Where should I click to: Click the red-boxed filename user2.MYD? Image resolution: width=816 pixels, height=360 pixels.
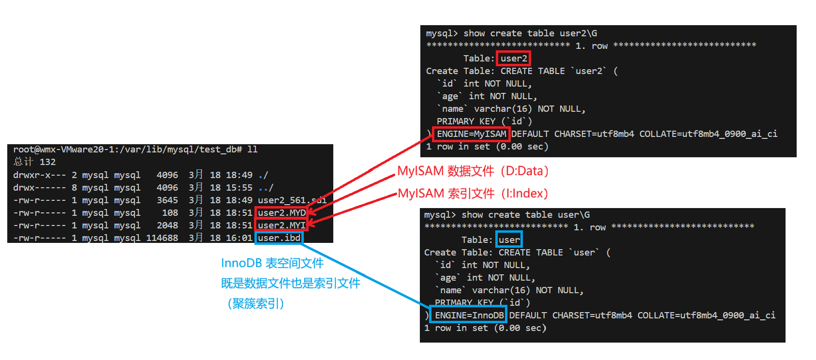click(x=282, y=213)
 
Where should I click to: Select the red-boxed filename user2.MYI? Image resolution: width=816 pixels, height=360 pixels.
click(x=282, y=225)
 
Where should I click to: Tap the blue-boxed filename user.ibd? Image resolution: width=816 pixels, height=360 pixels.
click(x=279, y=238)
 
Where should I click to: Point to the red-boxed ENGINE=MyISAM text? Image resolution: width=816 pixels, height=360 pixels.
click(x=471, y=134)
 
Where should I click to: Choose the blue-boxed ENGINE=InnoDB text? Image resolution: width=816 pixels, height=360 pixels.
click(x=469, y=315)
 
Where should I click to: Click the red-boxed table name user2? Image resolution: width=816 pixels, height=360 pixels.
click(x=514, y=59)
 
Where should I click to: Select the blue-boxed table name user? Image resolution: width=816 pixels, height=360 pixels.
click(x=509, y=240)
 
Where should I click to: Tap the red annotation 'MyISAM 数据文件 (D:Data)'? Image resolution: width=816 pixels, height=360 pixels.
click(x=473, y=171)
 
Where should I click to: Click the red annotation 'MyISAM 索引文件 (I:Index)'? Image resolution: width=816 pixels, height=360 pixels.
click(x=473, y=194)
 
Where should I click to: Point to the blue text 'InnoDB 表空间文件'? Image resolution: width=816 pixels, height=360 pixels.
click(x=272, y=263)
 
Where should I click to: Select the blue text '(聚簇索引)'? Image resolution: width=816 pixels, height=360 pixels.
click(x=256, y=304)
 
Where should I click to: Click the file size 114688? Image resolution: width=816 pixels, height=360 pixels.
click(x=162, y=238)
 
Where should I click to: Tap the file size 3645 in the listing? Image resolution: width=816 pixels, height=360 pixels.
click(x=167, y=200)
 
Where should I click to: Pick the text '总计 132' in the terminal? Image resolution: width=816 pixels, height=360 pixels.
click(x=34, y=162)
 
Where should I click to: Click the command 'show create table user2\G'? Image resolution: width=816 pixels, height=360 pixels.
click(x=530, y=33)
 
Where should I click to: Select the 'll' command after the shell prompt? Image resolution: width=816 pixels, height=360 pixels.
click(x=252, y=150)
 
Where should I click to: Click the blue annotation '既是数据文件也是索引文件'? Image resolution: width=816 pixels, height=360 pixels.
click(x=290, y=284)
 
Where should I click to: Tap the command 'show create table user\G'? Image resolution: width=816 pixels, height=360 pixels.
click(x=525, y=215)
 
